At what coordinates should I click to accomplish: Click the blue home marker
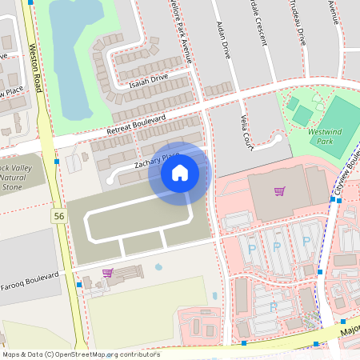[x=179, y=172]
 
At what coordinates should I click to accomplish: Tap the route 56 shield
[x=59, y=216]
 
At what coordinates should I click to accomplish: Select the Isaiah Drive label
[x=147, y=78]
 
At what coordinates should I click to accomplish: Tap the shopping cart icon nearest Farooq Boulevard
[x=107, y=273]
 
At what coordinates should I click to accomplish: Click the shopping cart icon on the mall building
[x=279, y=191]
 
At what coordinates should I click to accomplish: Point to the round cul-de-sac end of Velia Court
[x=277, y=138]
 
